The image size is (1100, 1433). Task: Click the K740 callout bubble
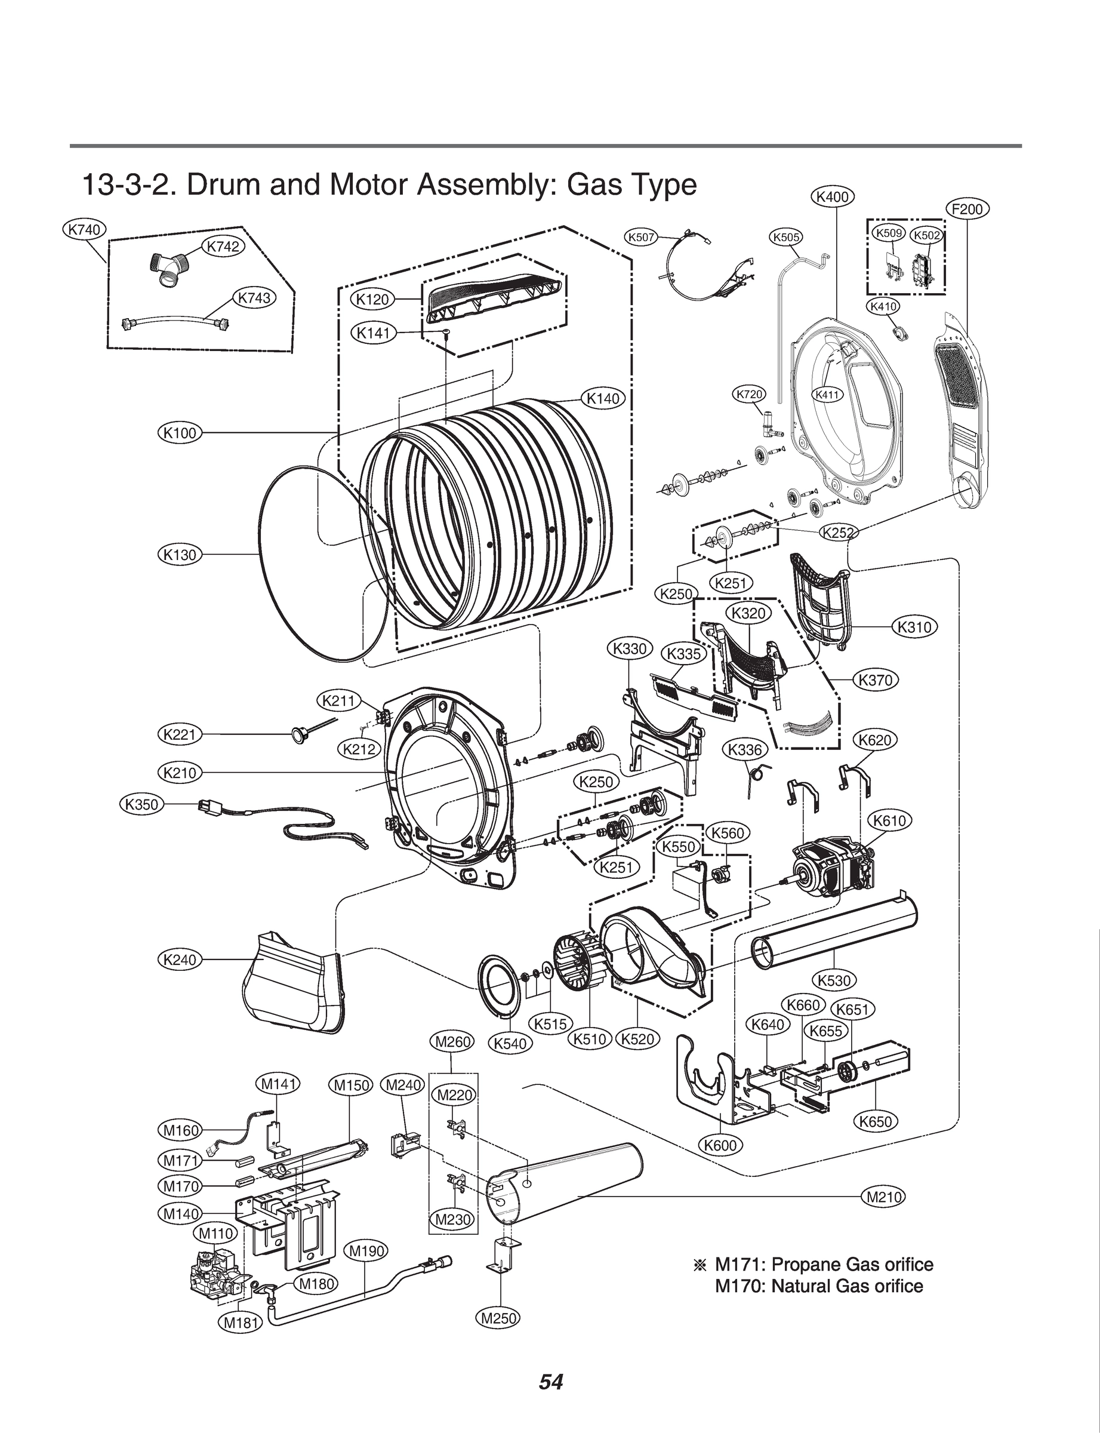click(x=85, y=229)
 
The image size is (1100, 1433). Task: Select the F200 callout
click(x=967, y=210)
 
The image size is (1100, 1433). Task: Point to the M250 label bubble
click(x=498, y=1318)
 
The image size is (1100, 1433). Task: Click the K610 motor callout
click(x=890, y=820)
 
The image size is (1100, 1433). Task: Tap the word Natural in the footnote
click(x=803, y=1286)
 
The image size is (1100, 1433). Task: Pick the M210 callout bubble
click(x=884, y=1197)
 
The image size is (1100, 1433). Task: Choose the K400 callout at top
click(x=833, y=196)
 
